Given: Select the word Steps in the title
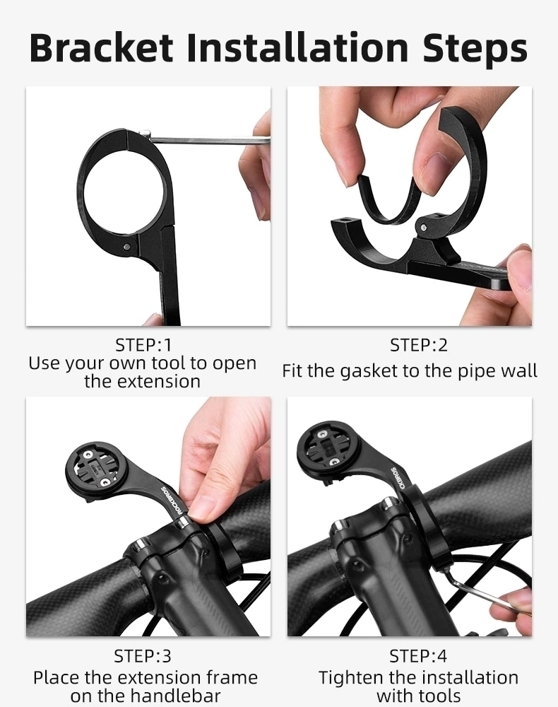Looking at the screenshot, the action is (475, 49).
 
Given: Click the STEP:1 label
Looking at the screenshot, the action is (143, 345).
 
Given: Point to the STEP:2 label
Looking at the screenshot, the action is (418, 345).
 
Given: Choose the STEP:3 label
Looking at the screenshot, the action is (143, 656).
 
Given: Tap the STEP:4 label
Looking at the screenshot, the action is (418, 656).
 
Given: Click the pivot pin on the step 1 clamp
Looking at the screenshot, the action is (128, 246).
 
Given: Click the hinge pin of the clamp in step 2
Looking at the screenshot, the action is (423, 228).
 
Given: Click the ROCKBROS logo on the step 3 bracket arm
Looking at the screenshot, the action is (172, 499).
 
